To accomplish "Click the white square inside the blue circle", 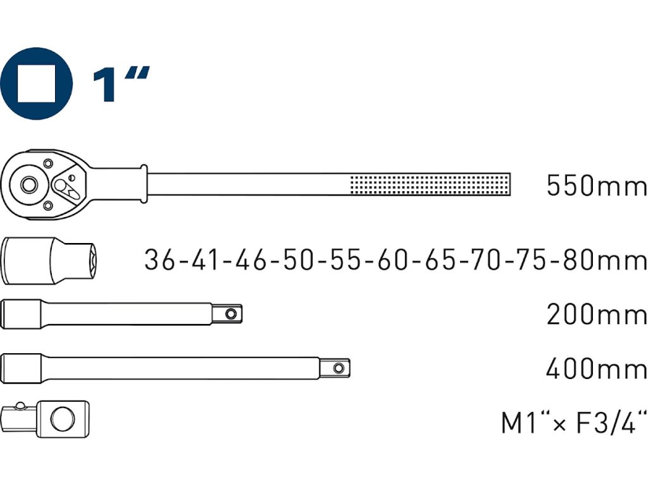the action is click(36, 84).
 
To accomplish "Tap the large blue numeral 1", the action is click(104, 85).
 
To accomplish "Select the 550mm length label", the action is click(596, 185).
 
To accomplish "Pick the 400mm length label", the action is click(596, 369).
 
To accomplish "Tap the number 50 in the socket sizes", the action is click(297, 260).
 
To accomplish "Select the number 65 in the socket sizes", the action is click(439, 260).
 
